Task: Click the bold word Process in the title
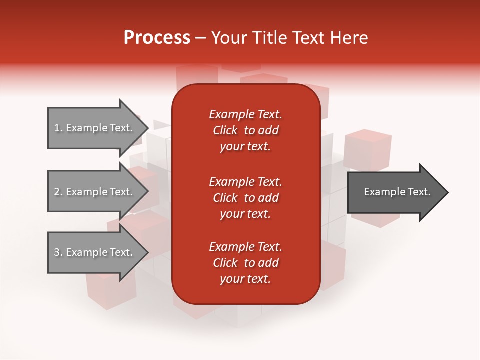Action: [157, 38]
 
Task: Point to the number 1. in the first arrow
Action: [58, 128]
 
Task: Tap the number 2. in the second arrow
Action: [58, 192]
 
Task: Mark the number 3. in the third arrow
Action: [58, 252]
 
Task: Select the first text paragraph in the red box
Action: [245, 130]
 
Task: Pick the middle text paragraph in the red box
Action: [245, 197]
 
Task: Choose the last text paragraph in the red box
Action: [245, 263]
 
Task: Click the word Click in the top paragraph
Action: [225, 130]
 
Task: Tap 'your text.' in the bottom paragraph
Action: [245, 279]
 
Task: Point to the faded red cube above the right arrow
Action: [368, 148]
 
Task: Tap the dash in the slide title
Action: [201, 38]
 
